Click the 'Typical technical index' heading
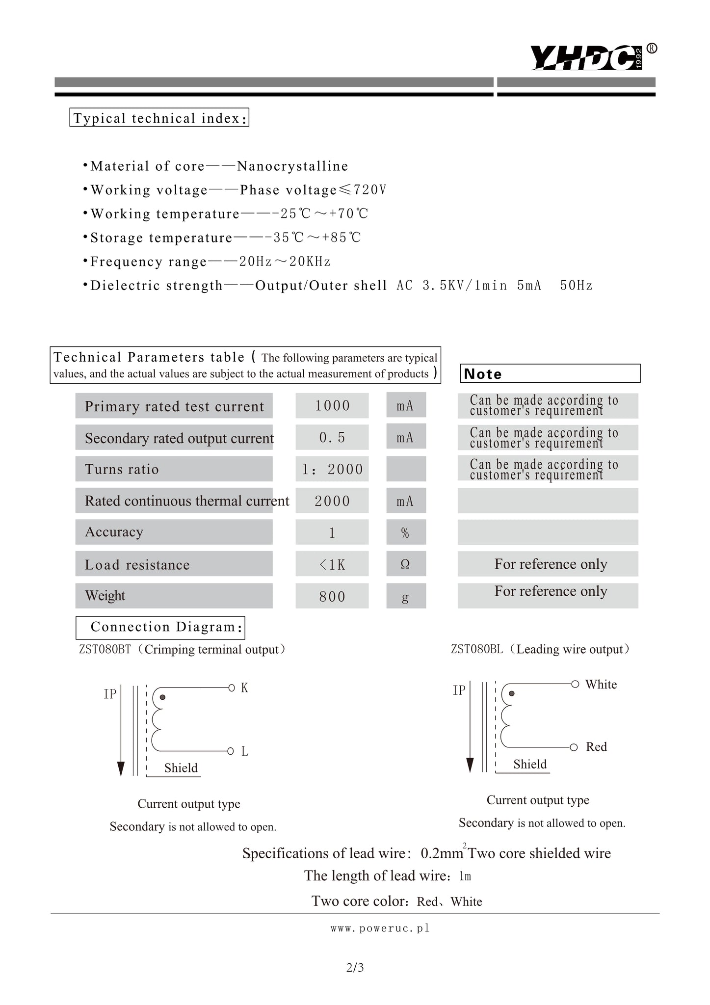[x=159, y=118]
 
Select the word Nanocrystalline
[x=292, y=166]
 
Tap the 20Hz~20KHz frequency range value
[x=285, y=262]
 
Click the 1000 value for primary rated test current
[x=332, y=406]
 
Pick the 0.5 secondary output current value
[x=332, y=437]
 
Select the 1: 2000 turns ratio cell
[x=332, y=469]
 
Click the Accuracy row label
[x=114, y=532]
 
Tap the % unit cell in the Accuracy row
[x=405, y=532]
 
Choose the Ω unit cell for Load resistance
[x=405, y=564]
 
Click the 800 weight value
[x=332, y=596]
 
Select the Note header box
[x=550, y=373]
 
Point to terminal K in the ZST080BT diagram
[x=244, y=688]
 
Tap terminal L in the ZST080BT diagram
[x=244, y=751]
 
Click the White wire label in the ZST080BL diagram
[x=601, y=685]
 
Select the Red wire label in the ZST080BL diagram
[x=596, y=747]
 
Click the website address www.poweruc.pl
[x=380, y=928]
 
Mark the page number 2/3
[x=355, y=968]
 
